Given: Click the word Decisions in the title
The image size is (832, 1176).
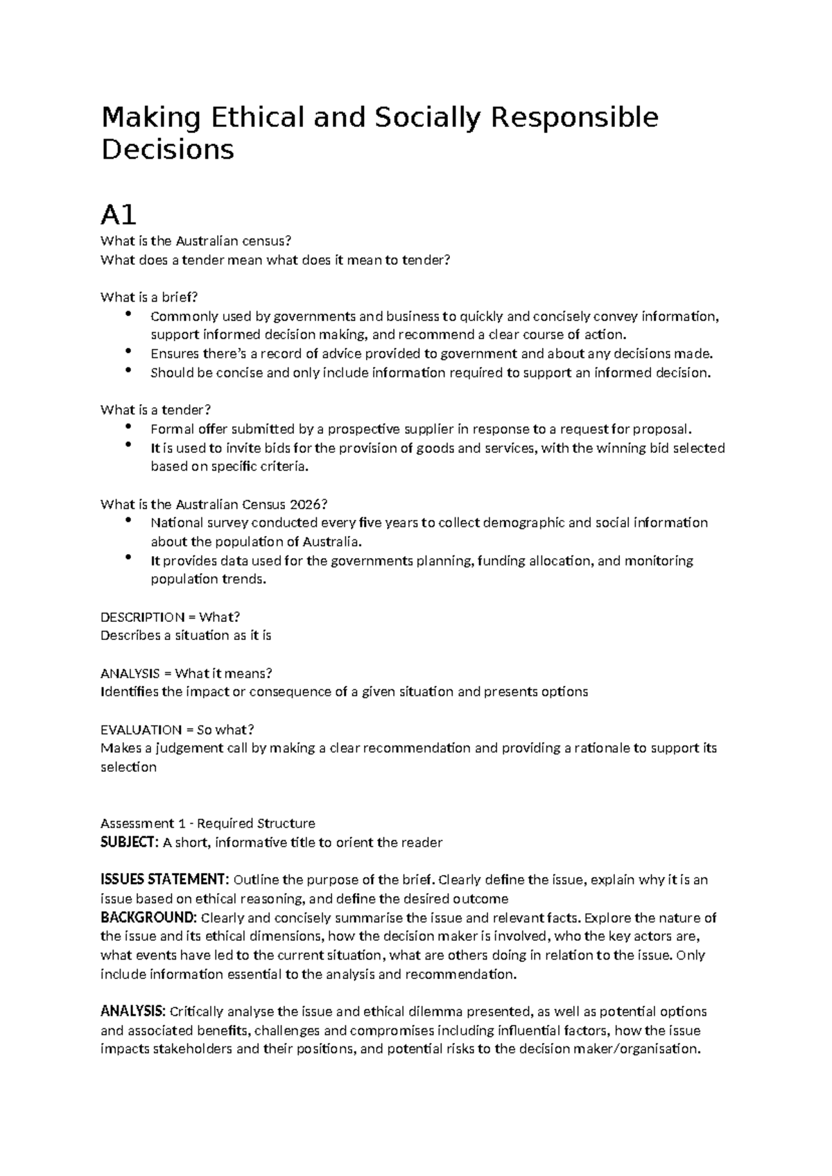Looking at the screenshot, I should click(x=168, y=150).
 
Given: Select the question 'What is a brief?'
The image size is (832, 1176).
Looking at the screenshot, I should click(x=149, y=297).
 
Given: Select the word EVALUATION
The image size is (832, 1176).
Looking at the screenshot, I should click(x=141, y=729).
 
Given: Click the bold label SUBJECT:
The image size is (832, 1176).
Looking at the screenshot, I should click(x=130, y=842).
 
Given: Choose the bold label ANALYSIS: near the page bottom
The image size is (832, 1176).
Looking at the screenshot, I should click(x=133, y=1011).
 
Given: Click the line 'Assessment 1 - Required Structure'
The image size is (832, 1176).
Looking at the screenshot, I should click(x=207, y=824).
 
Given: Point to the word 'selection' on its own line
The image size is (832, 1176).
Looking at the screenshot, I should click(x=128, y=767).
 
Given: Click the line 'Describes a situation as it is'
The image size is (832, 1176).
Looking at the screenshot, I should click(x=186, y=636).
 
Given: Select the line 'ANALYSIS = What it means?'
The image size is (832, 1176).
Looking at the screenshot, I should click(x=186, y=673).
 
